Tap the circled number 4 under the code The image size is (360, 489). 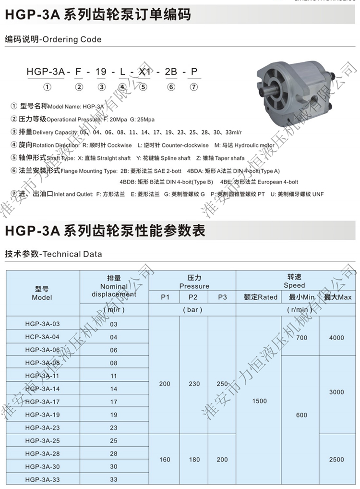pyautogui.click(x=122, y=87)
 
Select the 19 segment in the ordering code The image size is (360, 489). pyautogui.click(x=101, y=73)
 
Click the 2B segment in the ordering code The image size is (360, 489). pyautogui.click(x=171, y=73)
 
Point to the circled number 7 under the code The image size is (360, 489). pyautogui.click(x=193, y=87)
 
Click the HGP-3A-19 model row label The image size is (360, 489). pyautogui.click(x=42, y=414)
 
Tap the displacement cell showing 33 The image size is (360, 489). pyautogui.click(x=114, y=479)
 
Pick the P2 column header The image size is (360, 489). pyautogui.click(x=193, y=297)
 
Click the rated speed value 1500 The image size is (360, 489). pyautogui.click(x=259, y=401)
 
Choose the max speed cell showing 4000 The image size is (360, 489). pyautogui.click(x=336, y=338)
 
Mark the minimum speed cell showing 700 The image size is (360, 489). pyautogui.click(x=301, y=338)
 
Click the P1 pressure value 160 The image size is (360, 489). pyautogui.click(x=165, y=460)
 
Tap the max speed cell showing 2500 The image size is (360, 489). pyautogui.click(x=336, y=460)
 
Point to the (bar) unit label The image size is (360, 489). pyautogui.click(x=193, y=310)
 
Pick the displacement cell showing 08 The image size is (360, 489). pyautogui.click(x=114, y=363)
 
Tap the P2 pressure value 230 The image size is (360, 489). pyautogui.click(x=193, y=384)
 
